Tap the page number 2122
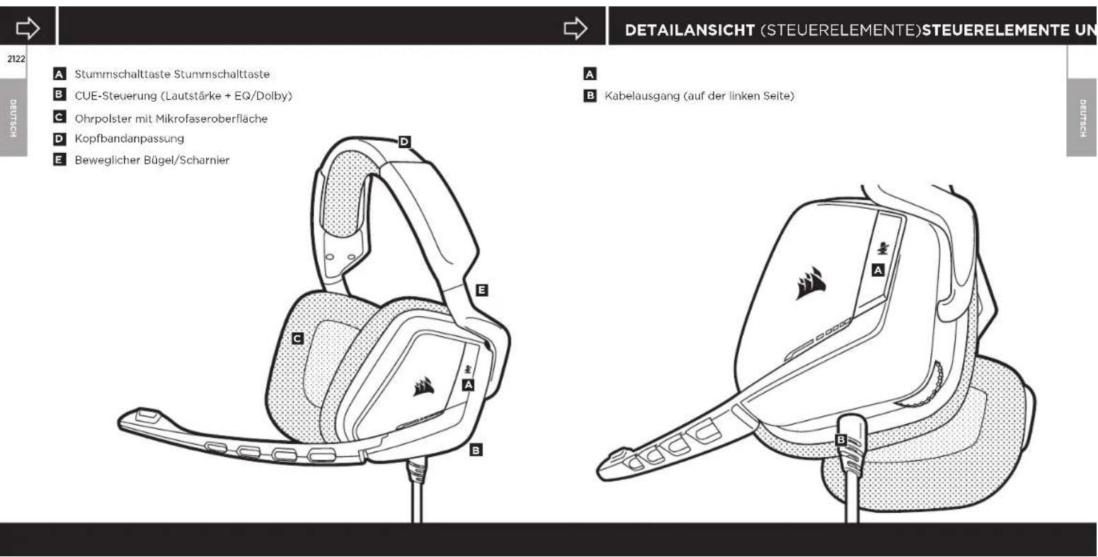13,59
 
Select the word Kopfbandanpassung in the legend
119,139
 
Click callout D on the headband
404,142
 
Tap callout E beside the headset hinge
482,290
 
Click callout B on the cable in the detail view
841,440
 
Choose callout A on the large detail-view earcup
879,270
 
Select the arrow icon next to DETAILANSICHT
575,28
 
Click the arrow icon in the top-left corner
29,28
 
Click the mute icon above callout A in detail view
881,247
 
